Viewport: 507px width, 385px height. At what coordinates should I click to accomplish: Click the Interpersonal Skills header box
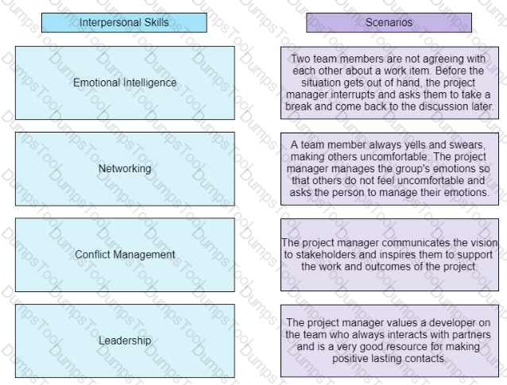tap(124, 22)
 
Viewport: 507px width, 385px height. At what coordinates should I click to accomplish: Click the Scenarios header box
tap(389, 22)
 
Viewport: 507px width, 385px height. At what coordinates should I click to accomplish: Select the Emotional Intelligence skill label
tap(125, 83)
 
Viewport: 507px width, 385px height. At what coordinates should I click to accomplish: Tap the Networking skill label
tap(125, 168)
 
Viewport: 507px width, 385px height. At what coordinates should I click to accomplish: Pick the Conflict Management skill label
tap(125, 255)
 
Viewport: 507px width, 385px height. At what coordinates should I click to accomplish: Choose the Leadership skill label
tap(125, 341)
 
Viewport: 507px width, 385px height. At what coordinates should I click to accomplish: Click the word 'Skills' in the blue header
tap(157, 22)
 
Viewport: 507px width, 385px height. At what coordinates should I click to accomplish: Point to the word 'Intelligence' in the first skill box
tap(152, 83)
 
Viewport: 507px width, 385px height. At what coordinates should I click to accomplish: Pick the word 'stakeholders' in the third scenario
tap(326, 255)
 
